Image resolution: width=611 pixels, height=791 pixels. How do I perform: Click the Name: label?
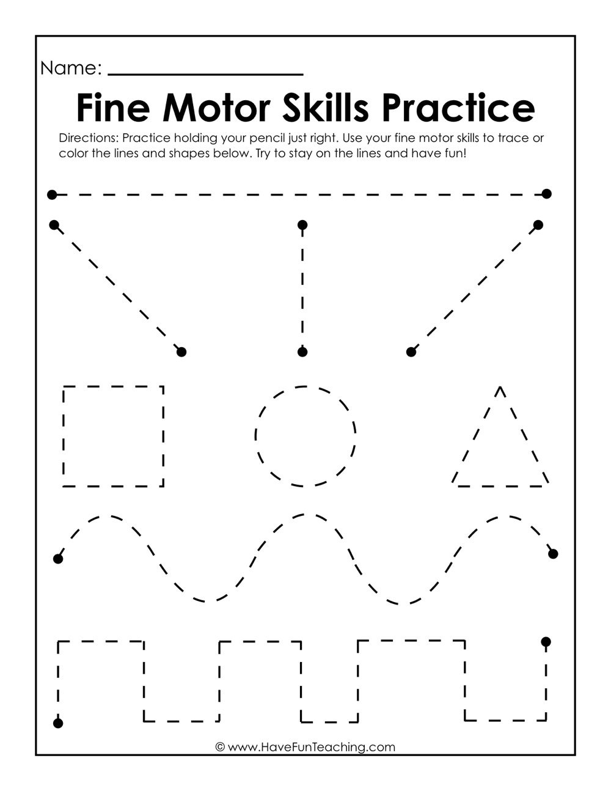click(71, 68)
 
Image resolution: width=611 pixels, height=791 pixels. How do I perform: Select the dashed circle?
click(305, 436)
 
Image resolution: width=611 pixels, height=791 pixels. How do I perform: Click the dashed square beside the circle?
click(114, 436)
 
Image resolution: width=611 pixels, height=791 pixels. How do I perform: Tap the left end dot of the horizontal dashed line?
click(52, 195)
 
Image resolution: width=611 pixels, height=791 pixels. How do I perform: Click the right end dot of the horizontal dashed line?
click(547, 194)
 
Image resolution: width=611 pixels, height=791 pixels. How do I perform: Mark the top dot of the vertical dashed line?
click(302, 226)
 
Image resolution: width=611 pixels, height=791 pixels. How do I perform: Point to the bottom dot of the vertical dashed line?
click(302, 352)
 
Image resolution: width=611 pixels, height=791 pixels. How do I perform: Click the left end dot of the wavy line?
click(58, 559)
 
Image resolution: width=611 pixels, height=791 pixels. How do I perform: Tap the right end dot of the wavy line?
click(553, 554)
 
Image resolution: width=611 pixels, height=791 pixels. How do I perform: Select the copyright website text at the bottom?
click(305, 747)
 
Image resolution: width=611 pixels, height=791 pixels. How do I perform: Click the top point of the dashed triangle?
click(500, 388)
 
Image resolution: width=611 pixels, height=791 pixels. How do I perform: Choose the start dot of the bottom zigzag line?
click(58, 724)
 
